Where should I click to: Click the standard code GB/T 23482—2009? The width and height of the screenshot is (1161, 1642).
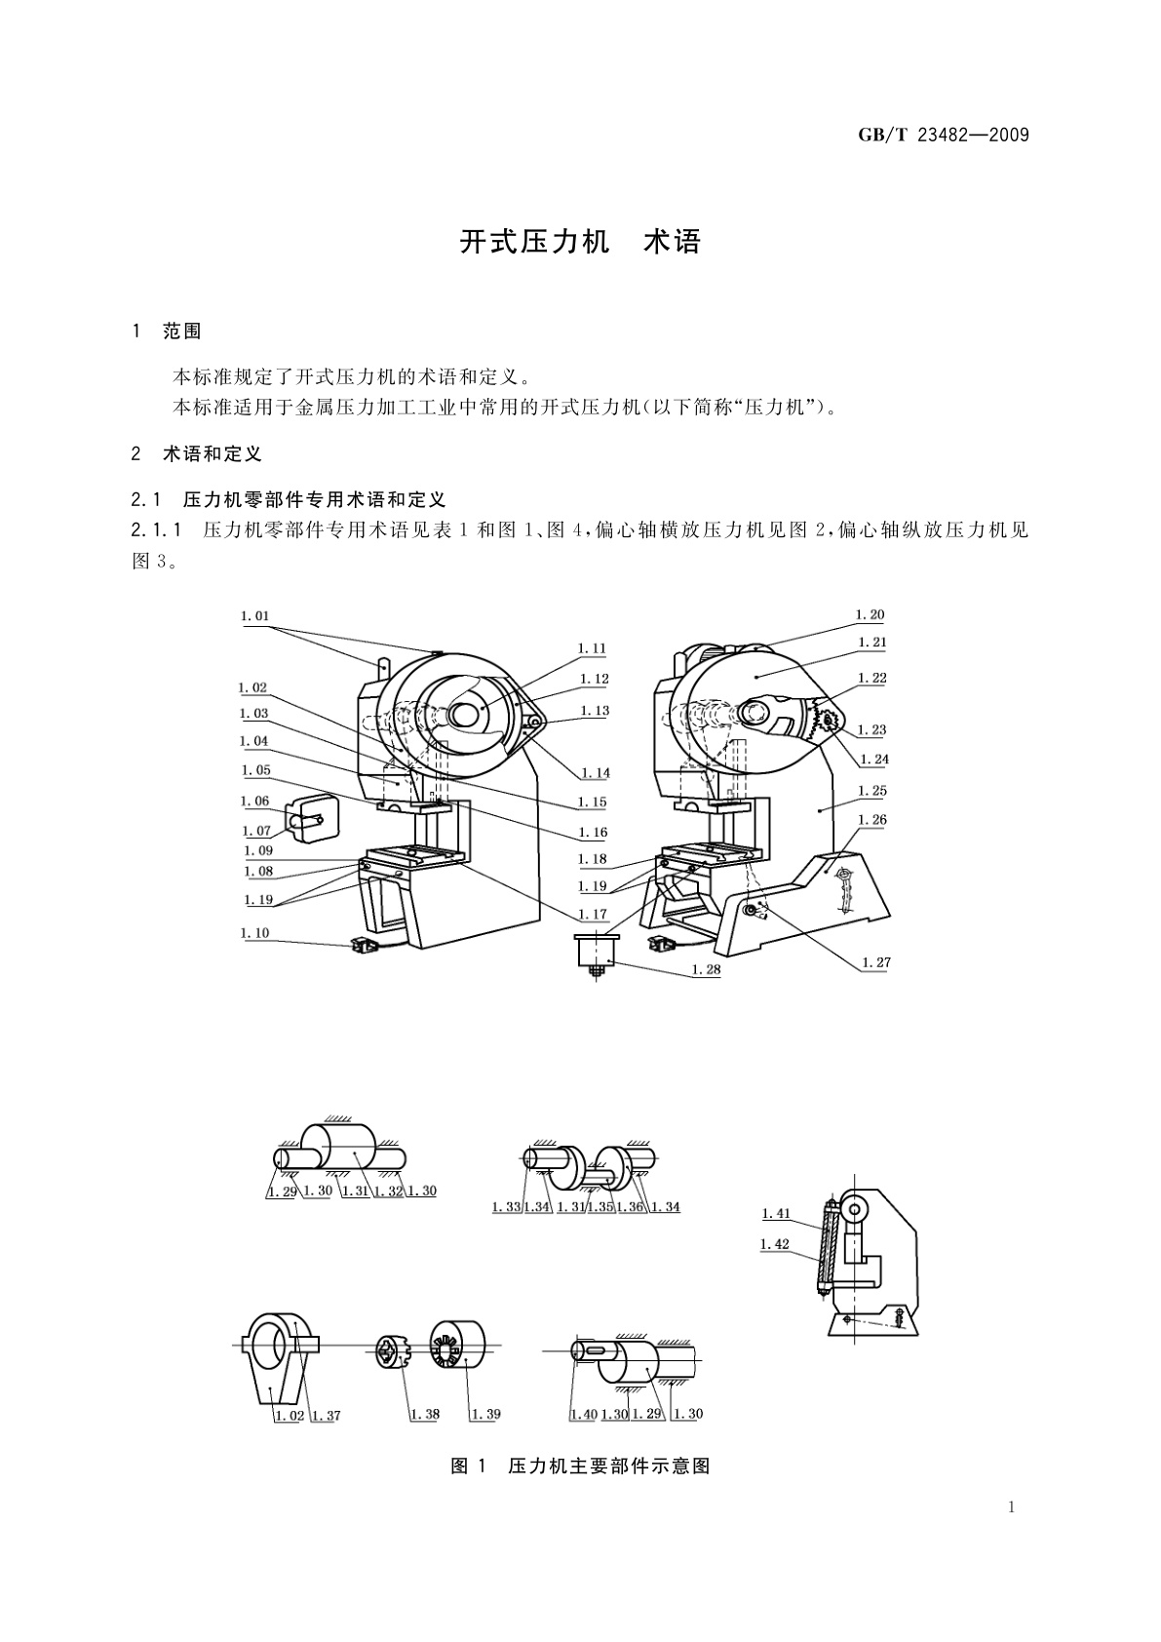pyautogui.click(x=943, y=136)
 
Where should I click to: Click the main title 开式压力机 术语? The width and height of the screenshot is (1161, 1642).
pyautogui.click(x=580, y=242)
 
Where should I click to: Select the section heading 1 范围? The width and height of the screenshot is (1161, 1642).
pyautogui.click(x=167, y=332)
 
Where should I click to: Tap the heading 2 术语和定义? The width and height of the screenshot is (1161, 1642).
pyautogui.click(x=197, y=453)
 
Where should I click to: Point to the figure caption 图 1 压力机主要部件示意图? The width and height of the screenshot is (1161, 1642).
pyautogui.click(x=580, y=1466)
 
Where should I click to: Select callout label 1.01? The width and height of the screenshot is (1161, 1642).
pyautogui.click(x=254, y=616)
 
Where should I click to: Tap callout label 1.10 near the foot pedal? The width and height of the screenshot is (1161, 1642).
pyautogui.click(x=254, y=933)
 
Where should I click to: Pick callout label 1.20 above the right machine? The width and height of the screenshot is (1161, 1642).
pyautogui.click(x=870, y=614)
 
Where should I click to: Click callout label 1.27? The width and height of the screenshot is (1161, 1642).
pyautogui.click(x=876, y=962)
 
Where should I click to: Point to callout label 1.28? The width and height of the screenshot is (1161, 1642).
pyautogui.click(x=706, y=969)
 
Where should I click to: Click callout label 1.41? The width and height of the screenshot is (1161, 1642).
pyautogui.click(x=776, y=1214)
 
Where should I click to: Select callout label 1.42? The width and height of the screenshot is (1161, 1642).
pyautogui.click(x=775, y=1244)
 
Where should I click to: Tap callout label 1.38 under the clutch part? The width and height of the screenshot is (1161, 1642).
pyautogui.click(x=425, y=1415)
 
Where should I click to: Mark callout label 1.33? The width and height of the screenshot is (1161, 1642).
pyautogui.click(x=506, y=1207)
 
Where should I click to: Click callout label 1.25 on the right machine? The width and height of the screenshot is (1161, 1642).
pyautogui.click(x=872, y=792)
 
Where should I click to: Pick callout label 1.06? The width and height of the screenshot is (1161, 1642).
pyautogui.click(x=254, y=801)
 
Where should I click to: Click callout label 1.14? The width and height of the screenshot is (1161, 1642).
pyautogui.click(x=595, y=773)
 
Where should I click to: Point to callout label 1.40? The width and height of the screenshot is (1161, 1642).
pyautogui.click(x=584, y=1414)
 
